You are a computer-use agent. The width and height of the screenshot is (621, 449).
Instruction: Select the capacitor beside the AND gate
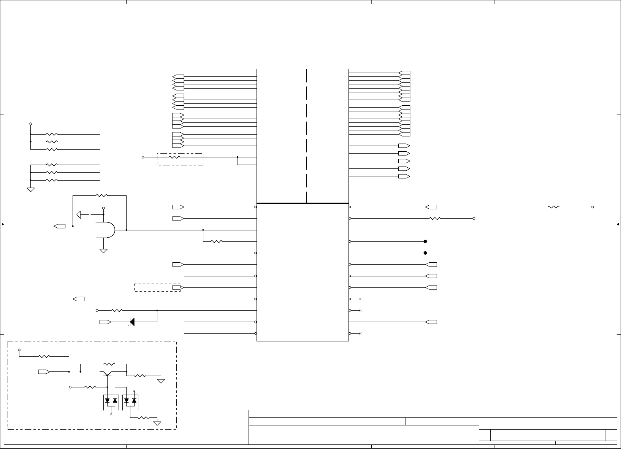coord(90,215)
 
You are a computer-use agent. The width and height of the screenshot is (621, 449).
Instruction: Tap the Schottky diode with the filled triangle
coord(132,322)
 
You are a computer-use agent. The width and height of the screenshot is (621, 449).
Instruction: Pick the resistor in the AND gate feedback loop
coord(102,195)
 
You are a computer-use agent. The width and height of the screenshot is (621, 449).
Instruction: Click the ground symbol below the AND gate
coord(103,251)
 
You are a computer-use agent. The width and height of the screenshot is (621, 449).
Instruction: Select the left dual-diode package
coord(111,402)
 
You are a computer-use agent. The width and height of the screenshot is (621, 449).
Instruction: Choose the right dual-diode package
coord(130,402)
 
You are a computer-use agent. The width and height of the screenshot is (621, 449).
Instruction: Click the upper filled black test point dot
coord(425,241)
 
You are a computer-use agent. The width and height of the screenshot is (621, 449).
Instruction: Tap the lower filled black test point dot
coord(425,253)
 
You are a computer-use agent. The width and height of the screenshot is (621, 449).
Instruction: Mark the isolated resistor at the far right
coord(554,207)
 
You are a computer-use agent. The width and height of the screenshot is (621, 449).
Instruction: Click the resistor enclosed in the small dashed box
coord(174,157)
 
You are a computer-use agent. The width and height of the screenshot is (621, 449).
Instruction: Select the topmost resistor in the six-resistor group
coord(51,134)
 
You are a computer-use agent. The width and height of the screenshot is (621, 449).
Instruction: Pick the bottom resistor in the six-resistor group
coord(51,180)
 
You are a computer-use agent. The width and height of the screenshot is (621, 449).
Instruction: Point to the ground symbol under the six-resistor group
coord(31,189)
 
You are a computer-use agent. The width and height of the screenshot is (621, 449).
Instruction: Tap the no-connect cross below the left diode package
coord(111,414)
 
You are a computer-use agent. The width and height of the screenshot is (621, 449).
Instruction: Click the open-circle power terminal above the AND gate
coord(103,208)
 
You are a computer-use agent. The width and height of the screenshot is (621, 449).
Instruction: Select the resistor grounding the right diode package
coord(144,418)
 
